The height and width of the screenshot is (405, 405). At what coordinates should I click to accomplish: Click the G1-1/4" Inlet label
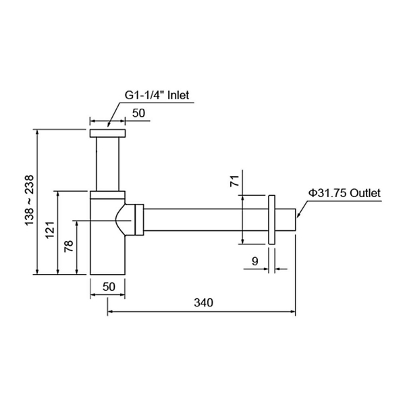pos(157,95)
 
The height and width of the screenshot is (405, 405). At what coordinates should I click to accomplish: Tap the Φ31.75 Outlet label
pos(344,193)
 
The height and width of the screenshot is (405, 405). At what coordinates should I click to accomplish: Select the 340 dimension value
pos(204,302)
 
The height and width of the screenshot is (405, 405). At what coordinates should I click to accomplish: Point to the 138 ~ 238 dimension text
pos(29,200)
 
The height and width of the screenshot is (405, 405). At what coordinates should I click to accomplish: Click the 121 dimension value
pos(50,230)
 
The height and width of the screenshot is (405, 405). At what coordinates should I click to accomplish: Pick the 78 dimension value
pos(69,246)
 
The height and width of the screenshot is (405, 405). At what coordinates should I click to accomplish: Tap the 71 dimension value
pos(235,181)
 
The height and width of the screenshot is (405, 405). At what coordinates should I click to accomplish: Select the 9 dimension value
pos(255,261)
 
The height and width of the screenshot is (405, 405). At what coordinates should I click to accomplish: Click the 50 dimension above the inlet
pos(138,113)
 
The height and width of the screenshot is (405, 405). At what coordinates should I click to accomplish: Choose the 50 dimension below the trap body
pos(109,287)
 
